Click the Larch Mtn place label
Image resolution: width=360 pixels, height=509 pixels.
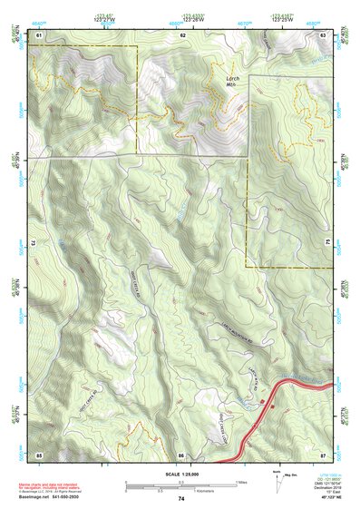[x=229, y=82]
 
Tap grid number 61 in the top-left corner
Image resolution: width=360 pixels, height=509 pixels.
[x=39, y=34]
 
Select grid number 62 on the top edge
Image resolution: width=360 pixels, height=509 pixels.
[x=183, y=34]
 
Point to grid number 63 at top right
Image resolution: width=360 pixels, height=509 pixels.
[x=323, y=34]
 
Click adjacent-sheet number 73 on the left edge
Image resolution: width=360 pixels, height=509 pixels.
[x=31, y=244]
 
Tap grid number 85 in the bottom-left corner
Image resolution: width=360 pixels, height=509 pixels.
[x=39, y=454]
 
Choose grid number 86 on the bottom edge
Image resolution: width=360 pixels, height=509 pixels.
[x=181, y=454]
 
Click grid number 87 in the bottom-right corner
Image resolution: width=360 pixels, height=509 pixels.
[x=323, y=454]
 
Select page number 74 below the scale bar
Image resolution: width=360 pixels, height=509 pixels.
[x=181, y=498]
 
